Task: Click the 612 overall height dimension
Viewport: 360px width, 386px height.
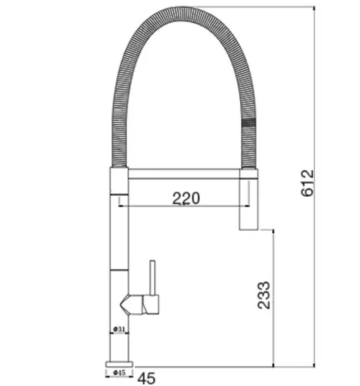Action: coord(307,183)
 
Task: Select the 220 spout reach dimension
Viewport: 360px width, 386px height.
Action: coord(186,198)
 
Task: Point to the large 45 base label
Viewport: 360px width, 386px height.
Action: coord(146,378)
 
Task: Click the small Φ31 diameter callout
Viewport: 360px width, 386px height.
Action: coord(119,329)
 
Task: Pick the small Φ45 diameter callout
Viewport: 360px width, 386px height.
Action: coord(119,373)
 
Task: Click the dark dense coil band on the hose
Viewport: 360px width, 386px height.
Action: coord(249,123)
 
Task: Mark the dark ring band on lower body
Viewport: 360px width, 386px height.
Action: coord(119,270)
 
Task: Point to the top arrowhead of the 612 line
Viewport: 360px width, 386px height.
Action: coord(314,8)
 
